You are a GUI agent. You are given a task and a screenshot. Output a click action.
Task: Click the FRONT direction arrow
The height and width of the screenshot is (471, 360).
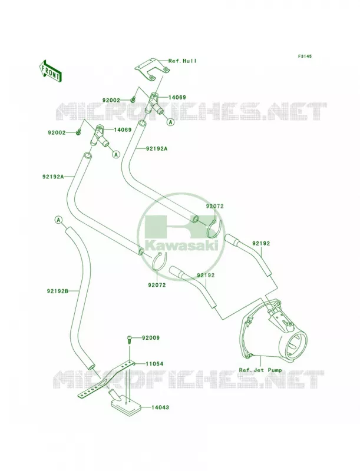(50, 71)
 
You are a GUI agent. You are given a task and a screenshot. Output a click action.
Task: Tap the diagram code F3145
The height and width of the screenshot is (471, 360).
(305, 56)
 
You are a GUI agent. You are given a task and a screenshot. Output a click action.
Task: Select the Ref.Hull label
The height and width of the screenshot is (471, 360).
(183, 61)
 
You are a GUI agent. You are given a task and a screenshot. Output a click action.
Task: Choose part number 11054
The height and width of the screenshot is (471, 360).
(154, 364)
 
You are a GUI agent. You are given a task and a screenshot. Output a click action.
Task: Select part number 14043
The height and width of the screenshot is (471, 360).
(160, 407)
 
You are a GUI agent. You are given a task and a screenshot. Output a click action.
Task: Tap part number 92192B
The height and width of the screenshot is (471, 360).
(58, 291)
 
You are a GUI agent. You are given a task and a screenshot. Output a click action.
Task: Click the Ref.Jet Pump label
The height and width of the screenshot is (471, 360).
(260, 370)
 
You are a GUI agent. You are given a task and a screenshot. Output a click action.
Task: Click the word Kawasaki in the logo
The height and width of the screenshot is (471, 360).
(182, 246)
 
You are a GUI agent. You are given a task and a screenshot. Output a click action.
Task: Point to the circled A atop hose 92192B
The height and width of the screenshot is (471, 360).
(58, 220)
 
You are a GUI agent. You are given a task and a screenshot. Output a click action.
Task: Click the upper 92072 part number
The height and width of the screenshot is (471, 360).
(214, 207)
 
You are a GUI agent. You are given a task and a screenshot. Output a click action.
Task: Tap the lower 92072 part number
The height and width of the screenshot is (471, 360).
(157, 285)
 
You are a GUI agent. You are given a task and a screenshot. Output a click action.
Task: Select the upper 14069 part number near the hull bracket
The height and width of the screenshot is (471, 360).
(177, 97)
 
